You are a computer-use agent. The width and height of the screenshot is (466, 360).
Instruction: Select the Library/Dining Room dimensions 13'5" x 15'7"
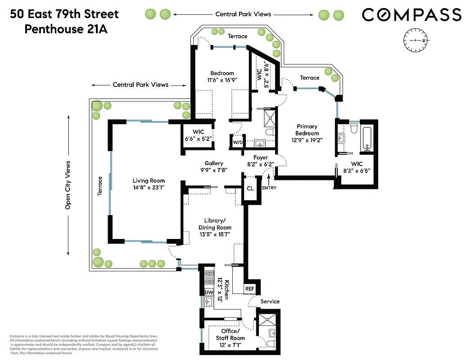click(215, 235)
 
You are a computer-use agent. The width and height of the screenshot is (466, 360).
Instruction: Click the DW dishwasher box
click(209, 292)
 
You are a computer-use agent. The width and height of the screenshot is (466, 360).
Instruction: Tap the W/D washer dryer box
click(237, 143)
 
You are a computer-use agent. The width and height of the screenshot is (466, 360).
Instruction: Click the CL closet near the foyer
click(250, 188)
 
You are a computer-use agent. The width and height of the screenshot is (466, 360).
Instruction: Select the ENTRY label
click(269, 188)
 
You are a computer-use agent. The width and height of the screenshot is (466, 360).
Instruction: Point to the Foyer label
click(261, 157)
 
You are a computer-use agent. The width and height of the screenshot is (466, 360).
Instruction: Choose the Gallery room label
click(214, 163)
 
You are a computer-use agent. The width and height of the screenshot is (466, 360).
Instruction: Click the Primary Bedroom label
click(307, 130)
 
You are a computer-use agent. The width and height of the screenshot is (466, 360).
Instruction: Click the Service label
click(270, 301)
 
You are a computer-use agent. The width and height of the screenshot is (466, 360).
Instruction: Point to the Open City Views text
click(68, 185)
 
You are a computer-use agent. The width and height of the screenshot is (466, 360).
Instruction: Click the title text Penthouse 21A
click(66, 29)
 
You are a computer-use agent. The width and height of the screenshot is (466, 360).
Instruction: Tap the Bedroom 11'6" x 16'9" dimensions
click(222, 80)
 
